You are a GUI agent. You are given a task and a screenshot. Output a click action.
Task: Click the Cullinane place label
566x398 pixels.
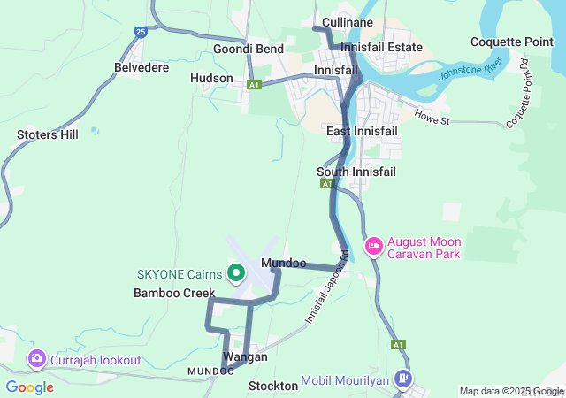point(348,22)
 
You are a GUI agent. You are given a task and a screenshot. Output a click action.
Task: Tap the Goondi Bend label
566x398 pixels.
point(249,49)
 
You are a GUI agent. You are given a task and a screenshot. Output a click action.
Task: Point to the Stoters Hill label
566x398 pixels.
point(48,134)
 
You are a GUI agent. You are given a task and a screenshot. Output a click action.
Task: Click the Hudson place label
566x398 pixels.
point(212,78)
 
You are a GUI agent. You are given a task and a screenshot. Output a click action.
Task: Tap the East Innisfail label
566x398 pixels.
point(362,131)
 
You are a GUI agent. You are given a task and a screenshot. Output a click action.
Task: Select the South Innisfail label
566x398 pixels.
point(356,171)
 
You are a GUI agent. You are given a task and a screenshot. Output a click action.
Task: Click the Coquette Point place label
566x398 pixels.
point(512,42)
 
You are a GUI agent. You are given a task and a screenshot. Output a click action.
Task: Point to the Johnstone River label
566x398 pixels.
point(470,78)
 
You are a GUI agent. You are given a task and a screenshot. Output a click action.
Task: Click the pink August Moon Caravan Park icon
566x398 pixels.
point(374,245)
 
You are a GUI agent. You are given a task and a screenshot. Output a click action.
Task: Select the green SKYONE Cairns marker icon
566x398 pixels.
point(236,273)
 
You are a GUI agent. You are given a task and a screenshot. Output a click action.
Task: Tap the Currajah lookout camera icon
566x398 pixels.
point(37,359)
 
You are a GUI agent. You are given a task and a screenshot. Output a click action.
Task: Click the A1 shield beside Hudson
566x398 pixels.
point(255,85)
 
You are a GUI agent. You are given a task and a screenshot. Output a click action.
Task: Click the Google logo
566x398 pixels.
point(29,387)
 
